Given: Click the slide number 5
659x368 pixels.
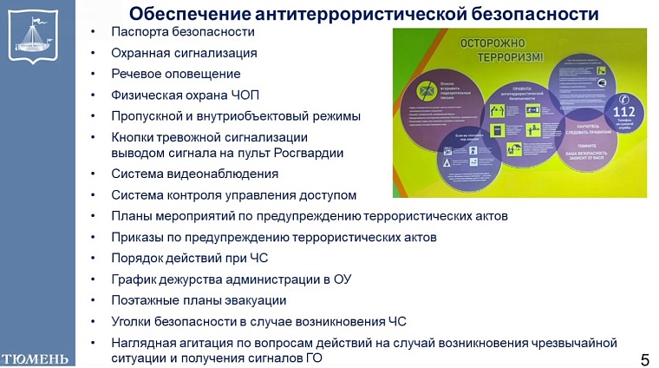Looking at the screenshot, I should pyautogui.click(x=644, y=358).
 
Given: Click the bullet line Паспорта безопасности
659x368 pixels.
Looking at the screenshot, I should pyautogui.click(x=183, y=32).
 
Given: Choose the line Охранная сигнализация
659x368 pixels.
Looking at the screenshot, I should pyautogui.click(x=184, y=53).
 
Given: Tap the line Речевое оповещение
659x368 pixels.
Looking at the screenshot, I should pyautogui.click(x=176, y=74).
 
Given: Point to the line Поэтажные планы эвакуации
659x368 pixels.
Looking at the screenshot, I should pyautogui.click(x=199, y=300).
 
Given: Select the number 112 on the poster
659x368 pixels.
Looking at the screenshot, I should pyautogui.click(x=624, y=112).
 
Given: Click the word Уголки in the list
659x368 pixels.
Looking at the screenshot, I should pyautogui.click(x=132, y=321).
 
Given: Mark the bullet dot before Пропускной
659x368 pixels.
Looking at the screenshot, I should pyautogui.click(x=94, y=116).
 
